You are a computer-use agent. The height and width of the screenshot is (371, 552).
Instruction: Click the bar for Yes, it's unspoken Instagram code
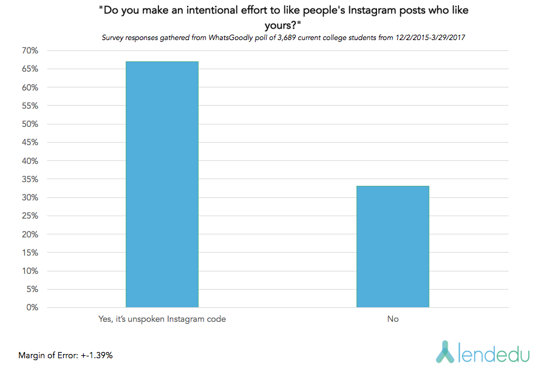162,185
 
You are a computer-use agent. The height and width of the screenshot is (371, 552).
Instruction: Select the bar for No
392,247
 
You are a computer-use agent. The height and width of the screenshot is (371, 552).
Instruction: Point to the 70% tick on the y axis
30,50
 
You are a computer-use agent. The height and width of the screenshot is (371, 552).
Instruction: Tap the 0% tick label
33,307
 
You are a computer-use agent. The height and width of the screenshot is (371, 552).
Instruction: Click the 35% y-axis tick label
30,179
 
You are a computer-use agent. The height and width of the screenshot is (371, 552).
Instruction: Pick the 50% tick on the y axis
30,124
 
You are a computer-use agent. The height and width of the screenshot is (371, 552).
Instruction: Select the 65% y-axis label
30,69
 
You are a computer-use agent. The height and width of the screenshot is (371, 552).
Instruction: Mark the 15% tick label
30,253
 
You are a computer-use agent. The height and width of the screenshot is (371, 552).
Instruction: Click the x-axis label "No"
392,319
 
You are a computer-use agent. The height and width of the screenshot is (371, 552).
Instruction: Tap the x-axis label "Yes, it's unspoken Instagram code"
162,319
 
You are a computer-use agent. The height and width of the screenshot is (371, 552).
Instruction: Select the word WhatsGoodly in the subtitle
230,38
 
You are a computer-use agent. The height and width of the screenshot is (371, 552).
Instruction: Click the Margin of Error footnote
65,355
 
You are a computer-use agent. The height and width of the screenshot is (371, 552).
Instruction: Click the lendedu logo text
491,352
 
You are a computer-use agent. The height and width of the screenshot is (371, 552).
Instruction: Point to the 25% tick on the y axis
30,216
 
